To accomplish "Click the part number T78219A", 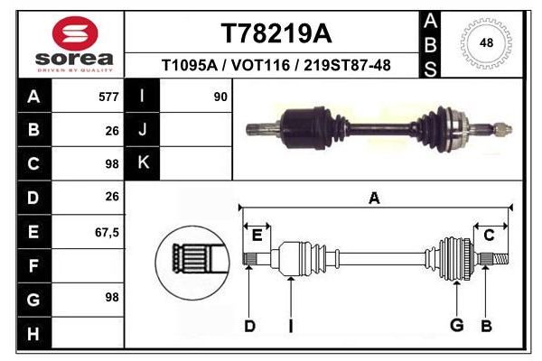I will click(276, 33).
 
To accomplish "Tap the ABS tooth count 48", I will click(486, 42).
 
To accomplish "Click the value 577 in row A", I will click(108, 97).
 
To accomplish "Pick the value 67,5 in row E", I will click(107, 232).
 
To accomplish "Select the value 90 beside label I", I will click(220, 97).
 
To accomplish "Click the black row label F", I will click(33, 266).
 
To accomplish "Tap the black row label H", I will click(33, 334).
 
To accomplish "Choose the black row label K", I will click(142, 163).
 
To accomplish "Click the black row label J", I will click(142, 131).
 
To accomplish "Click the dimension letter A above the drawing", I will click(374, 199).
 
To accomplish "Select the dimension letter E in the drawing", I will click(257, 236).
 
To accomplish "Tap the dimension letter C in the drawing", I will click(489, 236).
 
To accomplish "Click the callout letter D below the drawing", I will click(249, 326).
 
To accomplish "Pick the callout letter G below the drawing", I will click(457, 326).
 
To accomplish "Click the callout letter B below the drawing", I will click(486, 326).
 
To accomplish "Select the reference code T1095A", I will click(187, 66).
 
